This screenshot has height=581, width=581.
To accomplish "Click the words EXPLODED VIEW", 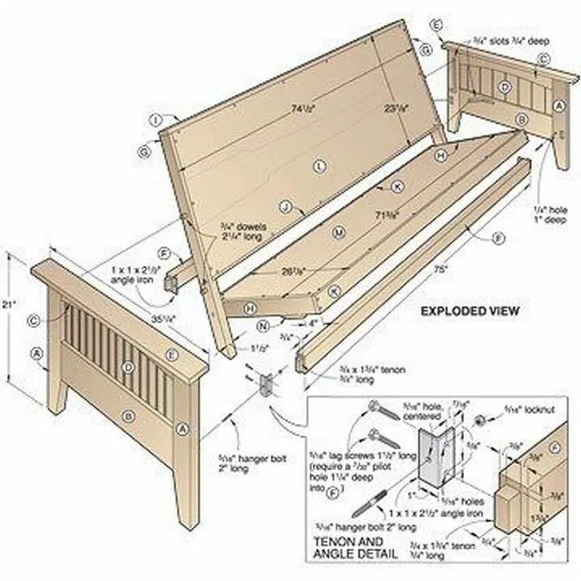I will (x=470, y=311).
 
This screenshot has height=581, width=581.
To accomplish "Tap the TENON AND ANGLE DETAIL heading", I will (x=349, y=548).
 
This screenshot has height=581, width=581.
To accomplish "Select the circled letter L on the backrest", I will (x=319, y=165).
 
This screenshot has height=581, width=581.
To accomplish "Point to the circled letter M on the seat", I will (x=338, y=232).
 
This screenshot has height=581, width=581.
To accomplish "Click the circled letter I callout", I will (x=157, y=120).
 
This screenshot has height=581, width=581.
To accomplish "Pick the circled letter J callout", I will (x=286, y=206).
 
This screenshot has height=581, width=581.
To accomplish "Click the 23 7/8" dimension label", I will (x=395, y=108).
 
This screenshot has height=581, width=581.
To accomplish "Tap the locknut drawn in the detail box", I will (x=481, y=419).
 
